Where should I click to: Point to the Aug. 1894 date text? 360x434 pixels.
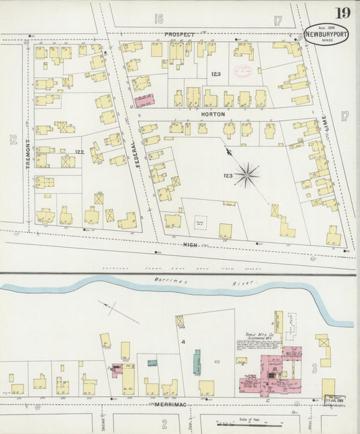[x=326, y=28]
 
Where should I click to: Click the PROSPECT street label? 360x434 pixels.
[x=179, y=34]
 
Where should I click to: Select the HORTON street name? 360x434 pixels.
[x=209, y=115]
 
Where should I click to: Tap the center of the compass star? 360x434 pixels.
[x=247, y=177]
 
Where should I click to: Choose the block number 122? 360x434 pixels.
[x=79, y=152]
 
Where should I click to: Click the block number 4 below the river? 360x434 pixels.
[x=182, y=342]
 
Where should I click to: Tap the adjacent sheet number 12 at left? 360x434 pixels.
[x=13, y=140]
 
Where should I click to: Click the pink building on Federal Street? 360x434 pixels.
[x=145, y=101]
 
